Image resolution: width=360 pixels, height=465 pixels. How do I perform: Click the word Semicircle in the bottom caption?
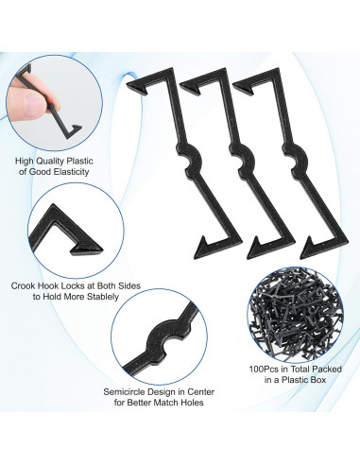click(x=129, y=389)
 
